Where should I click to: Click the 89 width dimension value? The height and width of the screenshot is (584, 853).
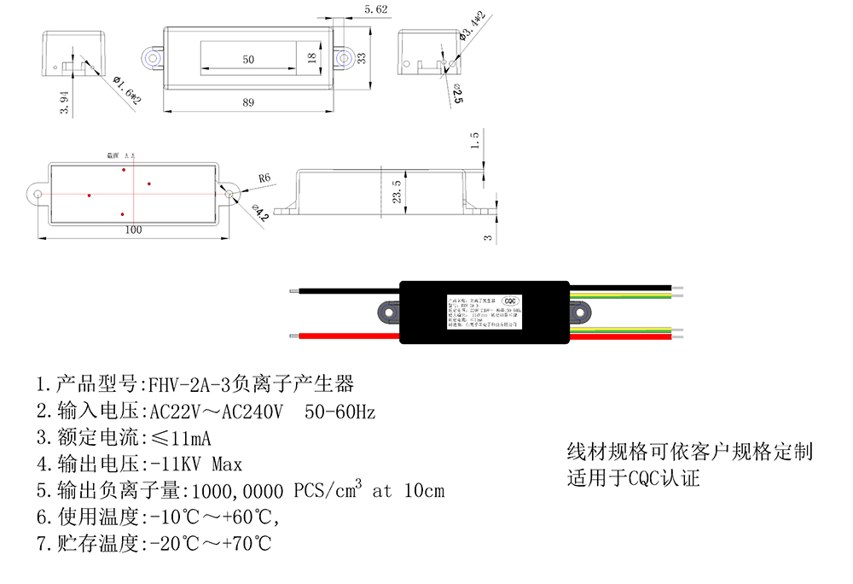(x=248, y=102)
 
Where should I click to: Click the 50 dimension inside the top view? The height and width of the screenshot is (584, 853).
(x=248, y=60)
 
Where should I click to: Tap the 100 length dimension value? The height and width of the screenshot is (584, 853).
(x=134, y=230)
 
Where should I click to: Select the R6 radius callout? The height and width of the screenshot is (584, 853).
(x=264, y=178)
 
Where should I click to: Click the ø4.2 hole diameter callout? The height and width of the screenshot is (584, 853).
(x=261, y=213)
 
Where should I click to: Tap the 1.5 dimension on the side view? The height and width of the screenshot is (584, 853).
(x=475, y=139)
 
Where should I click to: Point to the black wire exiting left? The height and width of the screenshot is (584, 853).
(x=341, y=291)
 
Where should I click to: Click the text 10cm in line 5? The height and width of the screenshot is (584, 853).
(x=421, y=491)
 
